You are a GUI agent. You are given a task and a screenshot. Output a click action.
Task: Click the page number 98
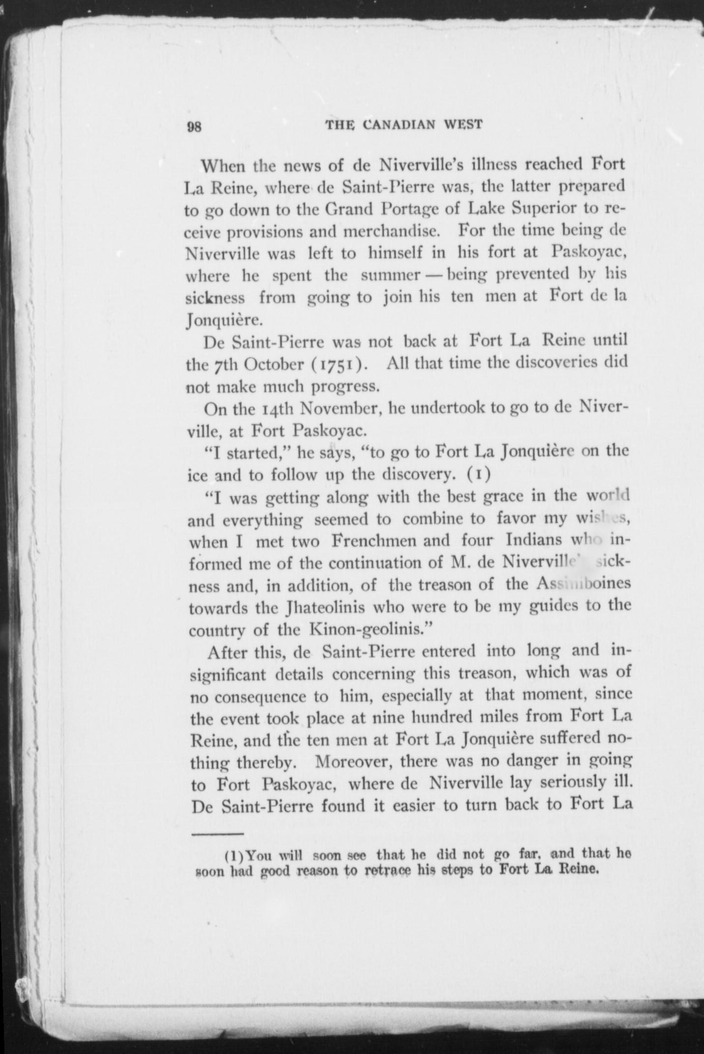pyautogui.click(x=194, y=127)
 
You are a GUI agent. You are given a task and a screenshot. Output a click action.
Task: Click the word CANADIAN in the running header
pyautogui.click(x=400, y=125)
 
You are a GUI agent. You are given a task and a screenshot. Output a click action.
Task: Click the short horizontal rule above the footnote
pyautogui.click(x=217, y=834)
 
